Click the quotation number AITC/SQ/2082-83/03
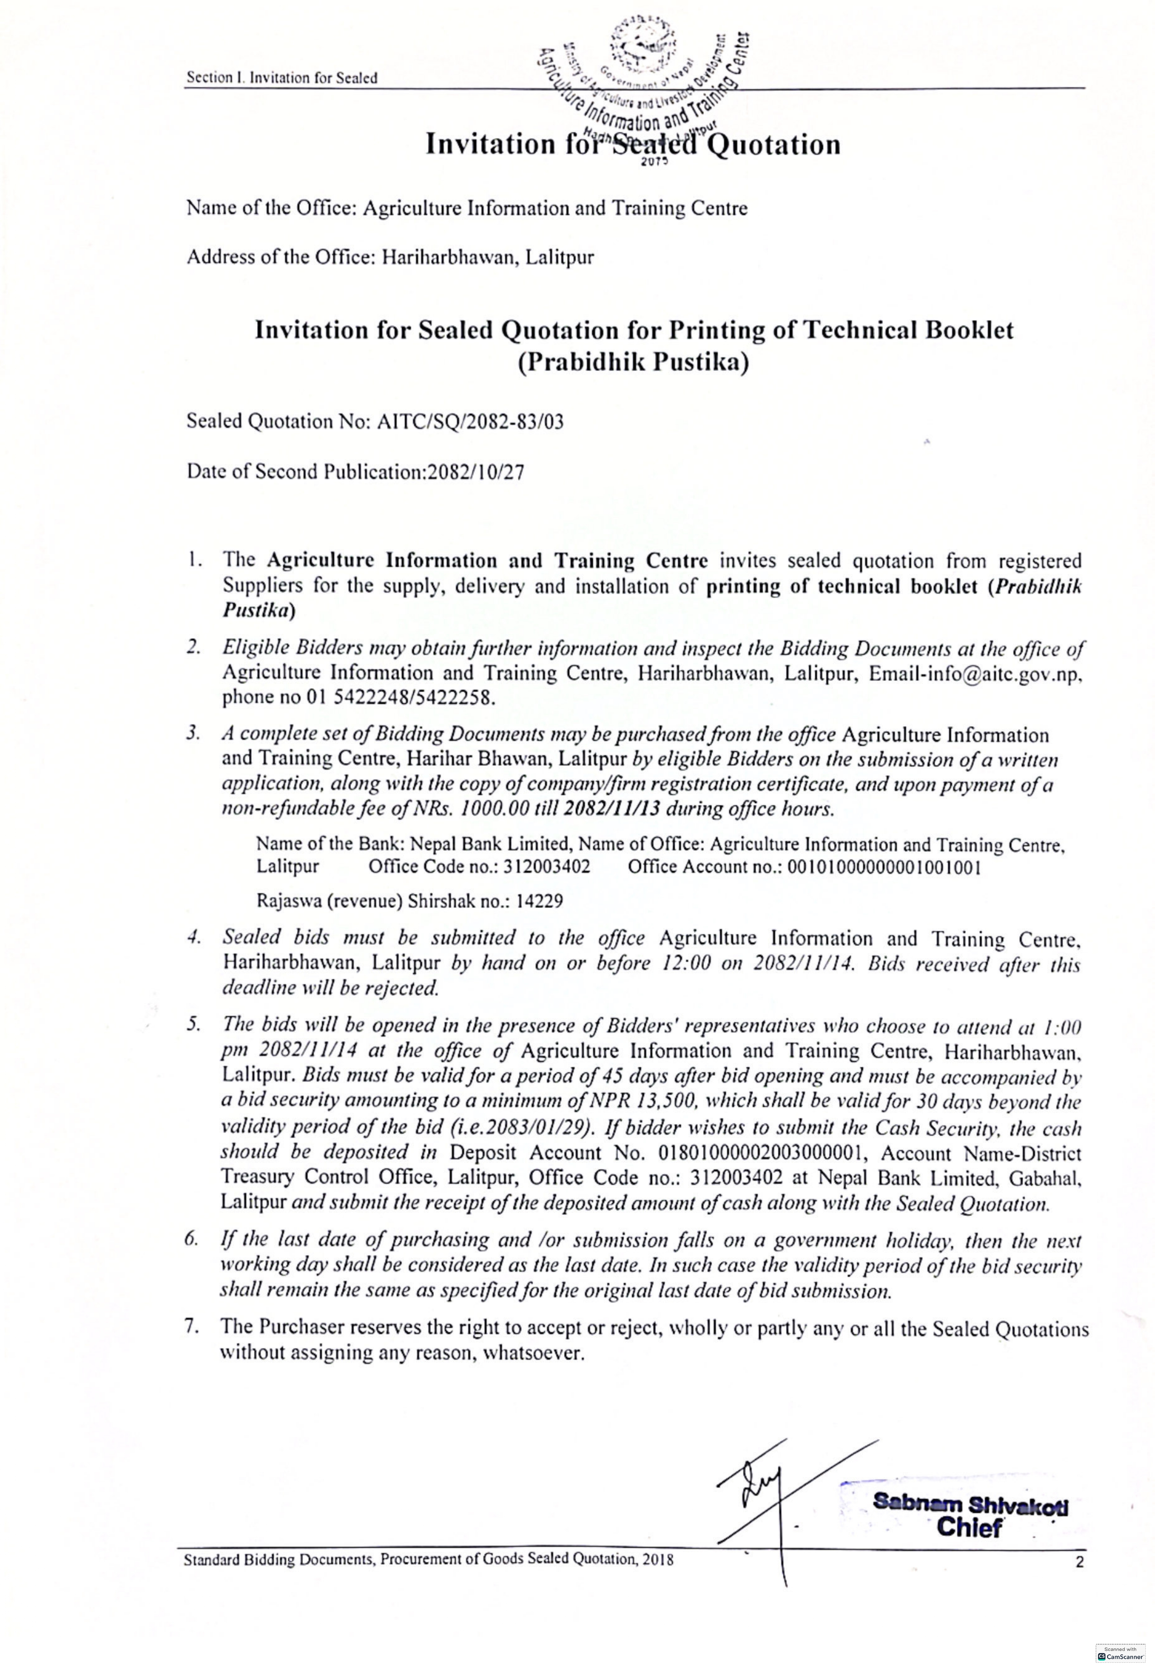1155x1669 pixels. point(471,422)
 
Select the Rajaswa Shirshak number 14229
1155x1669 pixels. point(540,902)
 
